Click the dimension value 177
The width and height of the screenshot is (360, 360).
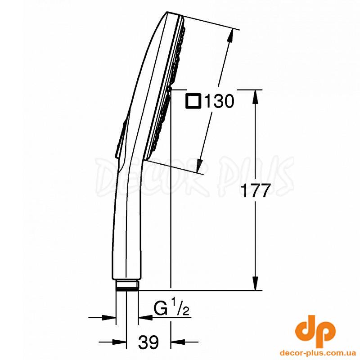254,190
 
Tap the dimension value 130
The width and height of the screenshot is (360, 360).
219,101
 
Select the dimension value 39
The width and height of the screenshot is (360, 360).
148,342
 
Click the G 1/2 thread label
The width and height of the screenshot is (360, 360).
171,309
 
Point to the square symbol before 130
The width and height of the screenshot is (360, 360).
193,101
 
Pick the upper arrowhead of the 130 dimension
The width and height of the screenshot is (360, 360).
230,36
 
